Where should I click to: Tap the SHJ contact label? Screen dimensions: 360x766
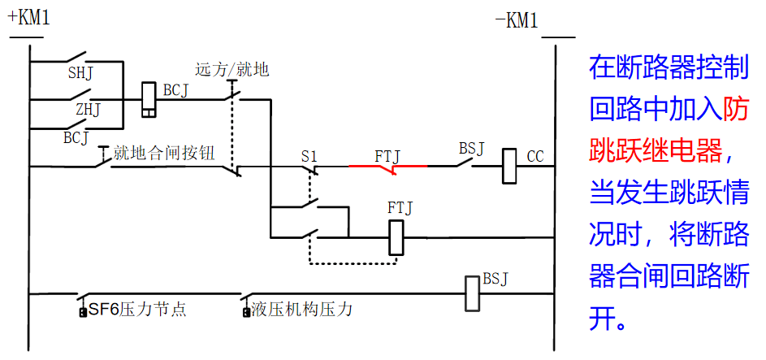click(x=80, y=74)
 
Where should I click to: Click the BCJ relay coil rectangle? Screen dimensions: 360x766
click(x=149, y=98)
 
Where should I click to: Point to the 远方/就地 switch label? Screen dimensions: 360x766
click(x=232, y=70)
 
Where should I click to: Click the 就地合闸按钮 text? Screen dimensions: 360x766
click(x=164, y=152)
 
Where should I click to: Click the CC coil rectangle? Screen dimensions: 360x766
click(x=509, y=166)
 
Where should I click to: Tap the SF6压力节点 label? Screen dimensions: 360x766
click(x=136, y=310)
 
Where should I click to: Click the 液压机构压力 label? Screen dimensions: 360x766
click(x=301, y=310)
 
